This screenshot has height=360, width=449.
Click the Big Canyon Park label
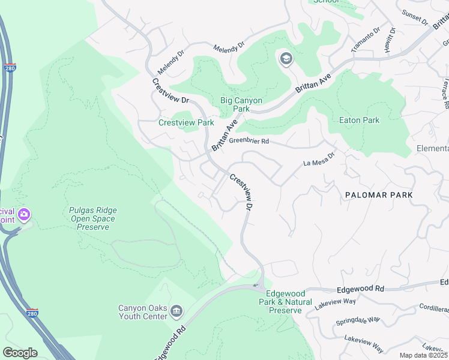click(x=242, y=104)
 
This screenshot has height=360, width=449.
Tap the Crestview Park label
click(x=186, y=122)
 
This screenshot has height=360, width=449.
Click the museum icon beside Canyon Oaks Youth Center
click(x=176, y=311)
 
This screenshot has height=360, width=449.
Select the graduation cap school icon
click(x=286, y=58)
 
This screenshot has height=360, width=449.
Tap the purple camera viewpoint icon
click(x=24, y=214)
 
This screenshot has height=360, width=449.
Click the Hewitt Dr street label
click(x=391, y=40)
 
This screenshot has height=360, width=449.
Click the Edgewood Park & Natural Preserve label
click(x=285, y=302)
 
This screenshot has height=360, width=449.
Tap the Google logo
click(x=20, y=352)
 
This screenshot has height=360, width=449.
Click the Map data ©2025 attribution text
click(x=424, y=355)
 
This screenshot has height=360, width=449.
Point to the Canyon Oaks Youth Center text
click(x=142, y=312)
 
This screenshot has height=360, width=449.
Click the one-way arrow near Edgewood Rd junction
click(x=255, y=286)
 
